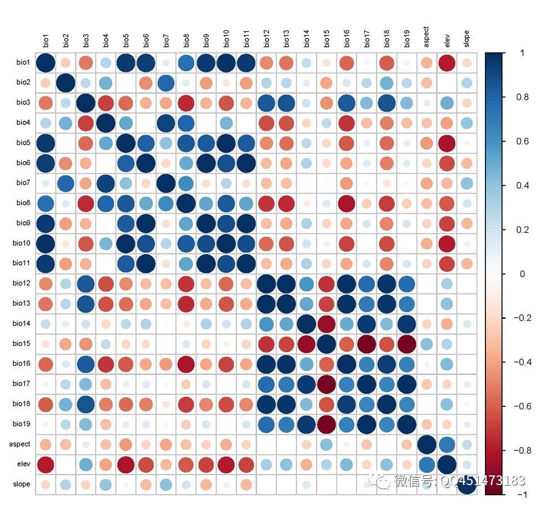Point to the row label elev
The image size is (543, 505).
[x=23, y=464]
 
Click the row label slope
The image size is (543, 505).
[x=22, y=484]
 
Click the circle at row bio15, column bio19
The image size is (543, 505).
[x=407, y=344]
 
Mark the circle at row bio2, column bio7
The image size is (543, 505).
[x=166, y=83]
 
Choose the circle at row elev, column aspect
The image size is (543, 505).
[x=427, y=464]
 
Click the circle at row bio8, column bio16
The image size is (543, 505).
[x=346, y=202]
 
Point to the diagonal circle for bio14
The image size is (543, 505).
[x=307, y=324]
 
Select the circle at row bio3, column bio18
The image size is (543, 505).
[x=386, y=103]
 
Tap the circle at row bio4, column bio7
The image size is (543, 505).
[x=166, y=123]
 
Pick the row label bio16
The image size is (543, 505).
[x=22, y=364]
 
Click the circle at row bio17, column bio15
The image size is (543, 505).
[x=326, y=384]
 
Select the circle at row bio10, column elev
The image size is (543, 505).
[x=447, y=243]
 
